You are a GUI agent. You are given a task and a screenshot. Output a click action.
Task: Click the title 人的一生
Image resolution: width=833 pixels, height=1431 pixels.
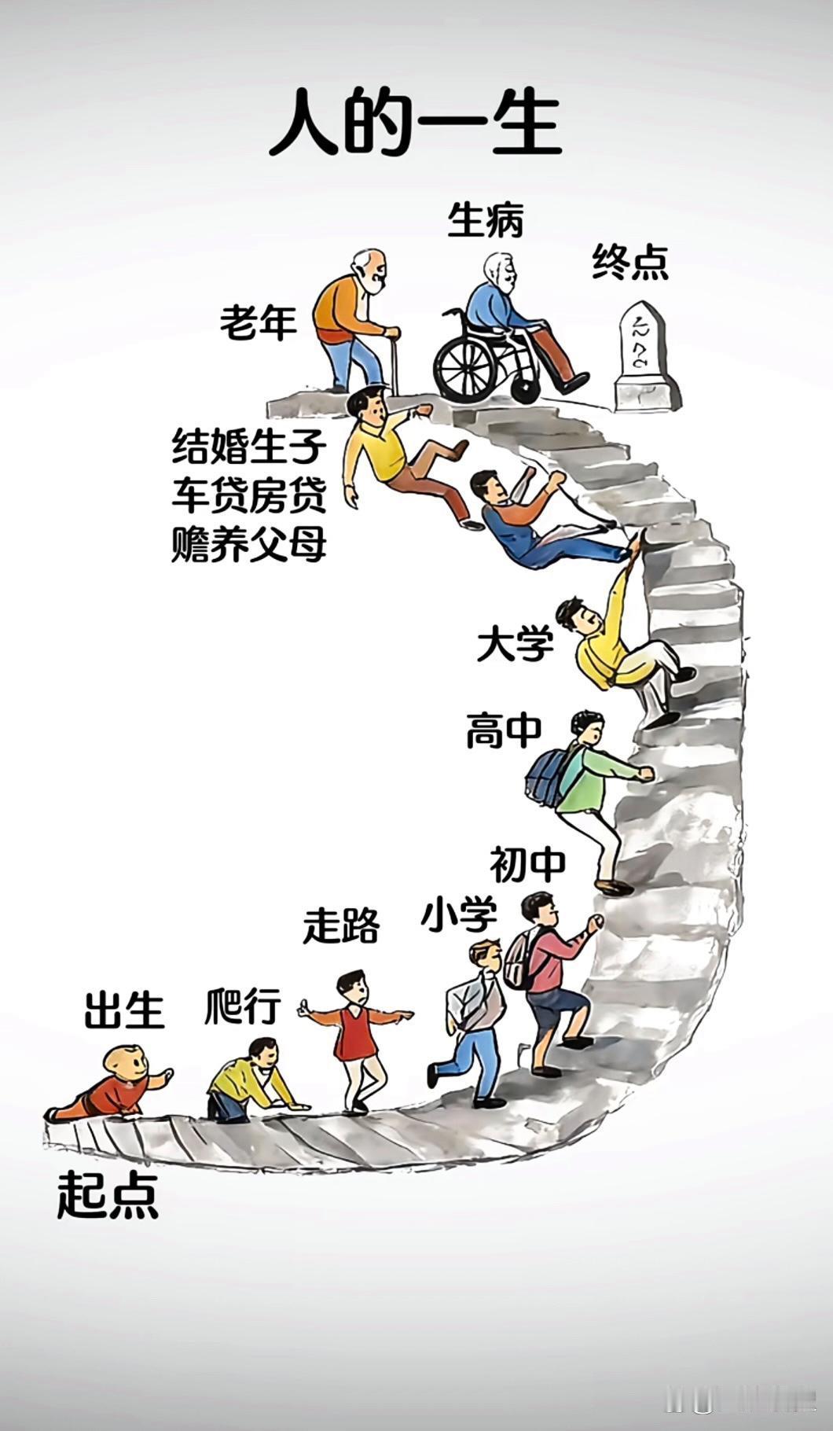pyautogui.click(x=415, y=124)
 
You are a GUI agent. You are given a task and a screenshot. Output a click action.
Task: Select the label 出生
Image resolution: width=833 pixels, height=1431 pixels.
pyautogui.click(x=124, y=1010)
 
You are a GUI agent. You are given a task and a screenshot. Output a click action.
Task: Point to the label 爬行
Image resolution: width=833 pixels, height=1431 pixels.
pyautogui.click(x=243, y=1005)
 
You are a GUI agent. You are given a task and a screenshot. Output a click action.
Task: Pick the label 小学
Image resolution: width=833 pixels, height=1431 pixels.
pyautogui.click(x=459, y=914)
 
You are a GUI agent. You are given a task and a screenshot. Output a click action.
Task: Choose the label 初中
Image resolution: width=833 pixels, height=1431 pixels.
pyautogui.click(x=527, y=865)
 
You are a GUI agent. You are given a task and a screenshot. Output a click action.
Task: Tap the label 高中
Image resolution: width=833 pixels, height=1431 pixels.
pyautogui.click(x=504, y=730)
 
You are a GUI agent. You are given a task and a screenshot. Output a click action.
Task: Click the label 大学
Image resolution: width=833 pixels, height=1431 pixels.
pyautogui.click(x=515, y=645)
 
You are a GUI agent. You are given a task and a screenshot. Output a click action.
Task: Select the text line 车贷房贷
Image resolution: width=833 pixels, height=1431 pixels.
pyautogui.click(x=248, y=495)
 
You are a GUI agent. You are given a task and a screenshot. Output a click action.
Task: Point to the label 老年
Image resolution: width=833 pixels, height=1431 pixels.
pyautogui.click(x=258, y=322)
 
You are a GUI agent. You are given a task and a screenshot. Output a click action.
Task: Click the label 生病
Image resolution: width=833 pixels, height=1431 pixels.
pyautogui.click(x=485, y=220)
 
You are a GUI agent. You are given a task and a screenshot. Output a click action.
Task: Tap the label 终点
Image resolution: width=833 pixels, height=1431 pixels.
pyautogui.click(x=629, y=262)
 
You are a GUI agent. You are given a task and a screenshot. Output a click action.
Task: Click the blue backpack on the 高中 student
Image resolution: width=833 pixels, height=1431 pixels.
pyautogui.click(x=550, y=775)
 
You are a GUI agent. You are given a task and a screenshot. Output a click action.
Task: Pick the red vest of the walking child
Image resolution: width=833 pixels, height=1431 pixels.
pyautogui.click(x=350, y=1033)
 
